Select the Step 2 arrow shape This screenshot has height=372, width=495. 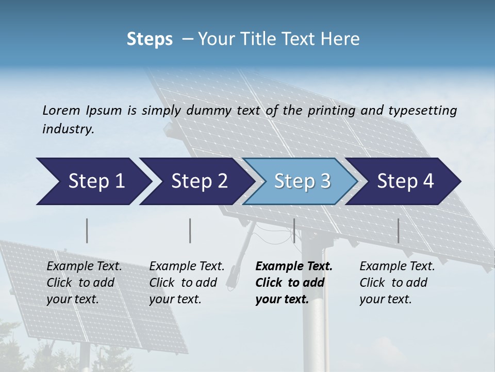(x=199, y=181)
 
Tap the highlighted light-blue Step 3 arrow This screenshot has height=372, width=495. (x=302, y=181)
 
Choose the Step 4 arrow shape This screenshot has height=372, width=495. (x=405, y=181)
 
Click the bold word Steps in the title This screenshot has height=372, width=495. (x=150, y=39)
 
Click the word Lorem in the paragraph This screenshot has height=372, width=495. (x=61, y=110)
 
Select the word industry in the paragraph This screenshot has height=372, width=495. (x=68, y=129)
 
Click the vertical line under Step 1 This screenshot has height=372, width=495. (x=87, y=230)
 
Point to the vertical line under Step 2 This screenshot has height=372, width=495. (x=190, y=230)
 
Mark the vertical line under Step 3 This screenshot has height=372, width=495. (x=294, y=230)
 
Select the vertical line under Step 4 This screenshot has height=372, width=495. (x=398, y=230)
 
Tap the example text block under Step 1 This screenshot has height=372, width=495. (x=84, y=283)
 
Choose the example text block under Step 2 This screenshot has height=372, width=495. (x=187, y=283)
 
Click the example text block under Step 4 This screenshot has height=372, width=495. (x=397, y=283)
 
